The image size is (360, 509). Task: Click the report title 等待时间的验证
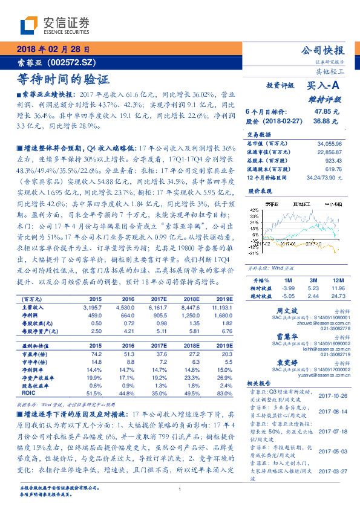(64, 79)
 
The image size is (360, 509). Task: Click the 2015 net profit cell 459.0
(96, 315)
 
